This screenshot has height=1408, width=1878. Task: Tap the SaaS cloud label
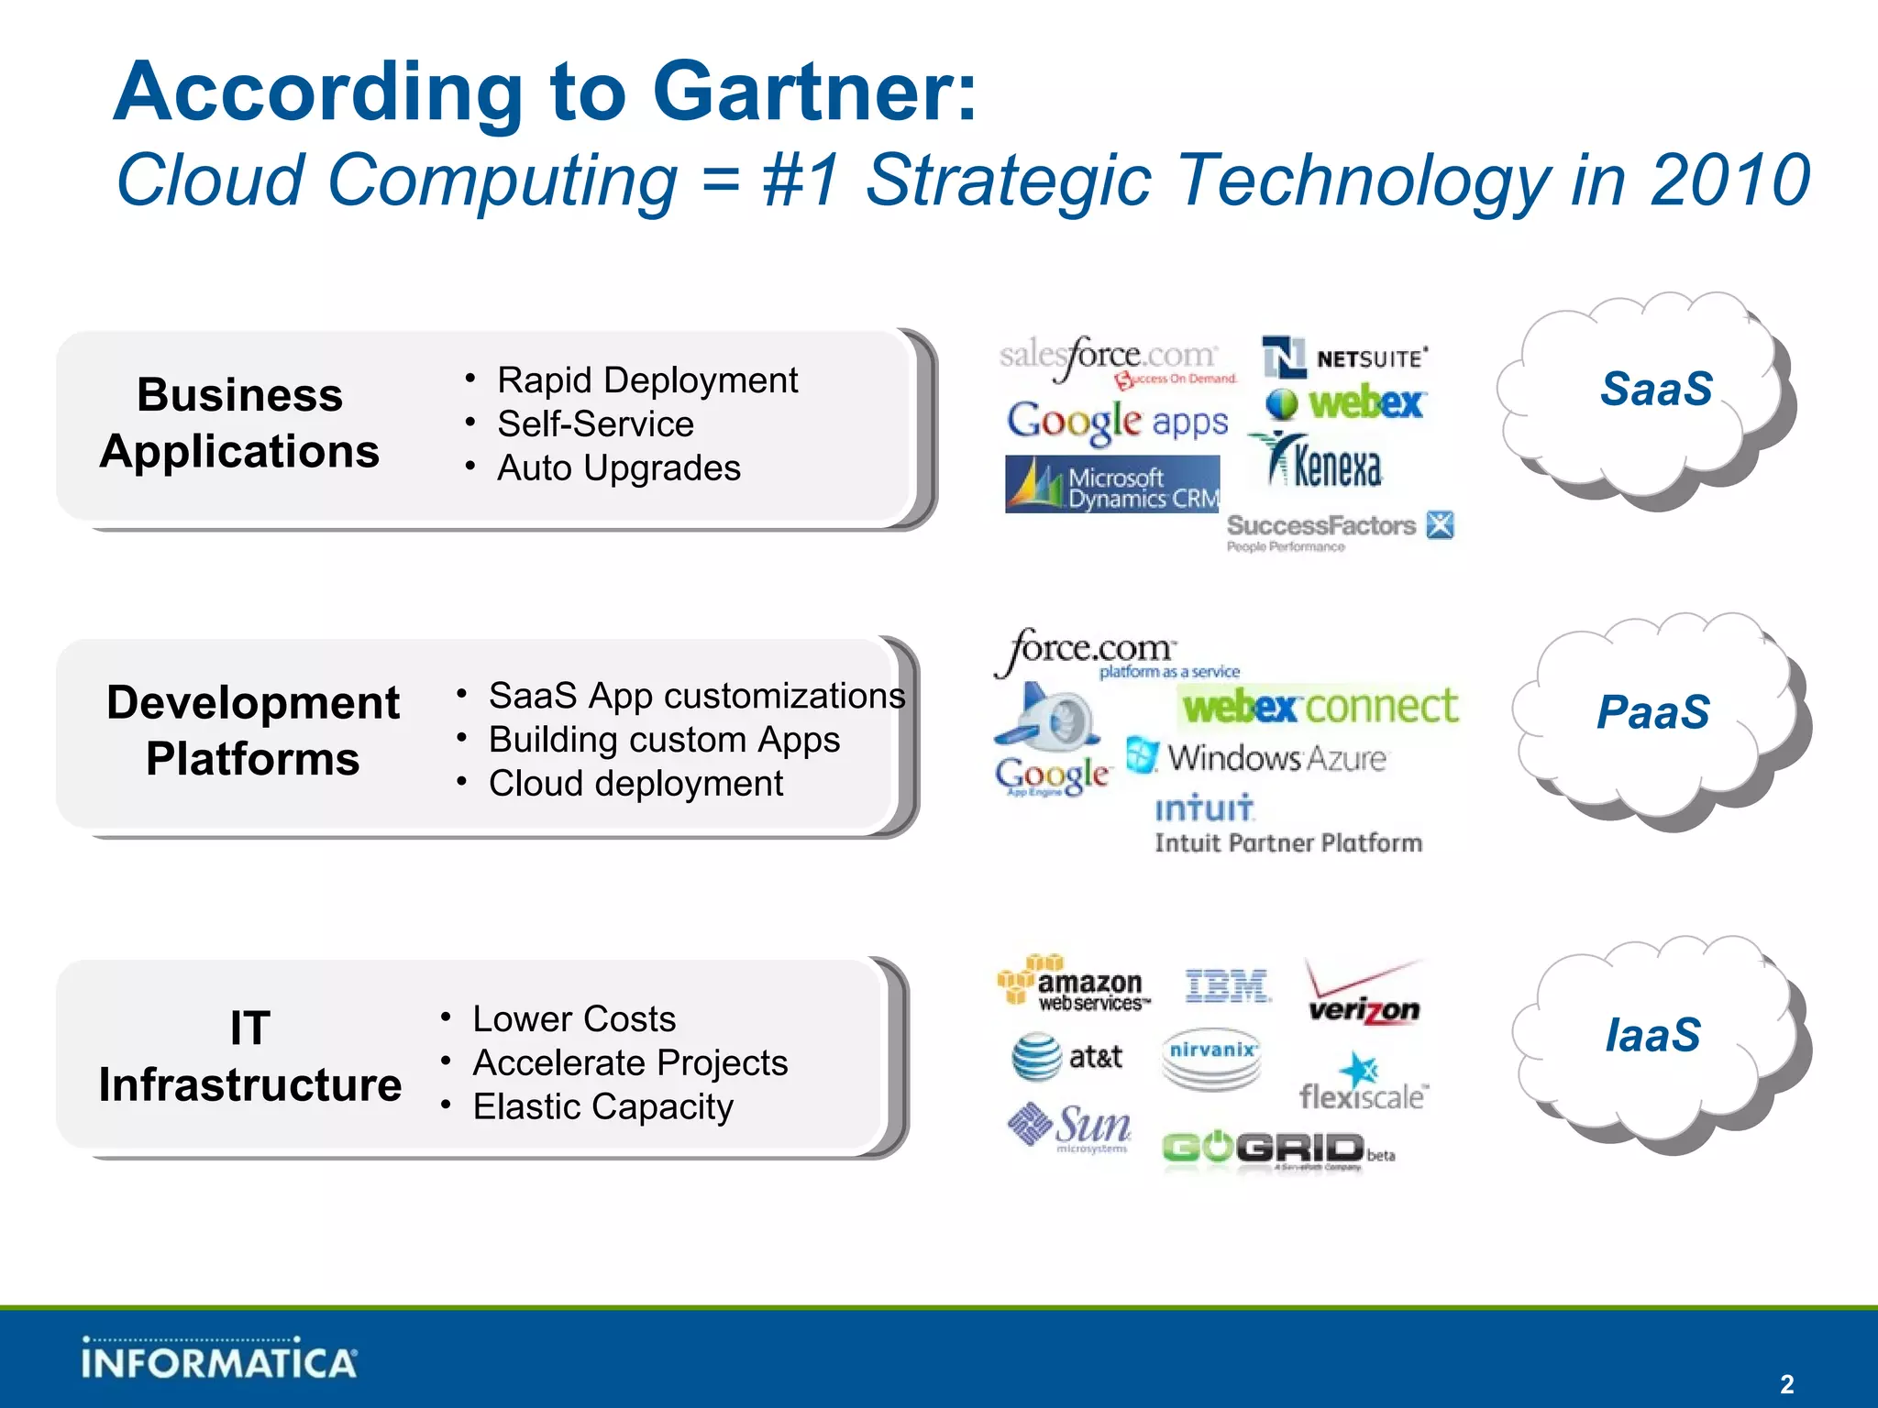coord(1656,389)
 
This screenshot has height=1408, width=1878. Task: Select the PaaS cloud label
coord(1652,712)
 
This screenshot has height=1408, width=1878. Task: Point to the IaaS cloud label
coord(1652,1035)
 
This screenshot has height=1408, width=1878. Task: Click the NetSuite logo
coord(1345,357)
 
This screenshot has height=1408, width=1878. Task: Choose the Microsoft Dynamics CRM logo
coord(1112,485)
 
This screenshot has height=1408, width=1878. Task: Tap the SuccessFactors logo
coord(1339,529)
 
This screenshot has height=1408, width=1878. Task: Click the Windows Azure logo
coord(1257,757)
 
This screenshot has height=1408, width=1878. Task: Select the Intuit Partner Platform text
coord(1288,842)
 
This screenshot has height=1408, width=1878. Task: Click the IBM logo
coord(1227,986)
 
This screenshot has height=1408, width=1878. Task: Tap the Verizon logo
coord(1364,995)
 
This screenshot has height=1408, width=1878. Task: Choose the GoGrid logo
coord(1275,1149)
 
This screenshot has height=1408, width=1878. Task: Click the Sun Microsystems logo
coord(1070,1127)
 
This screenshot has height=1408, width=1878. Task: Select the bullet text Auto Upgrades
coord(618,468)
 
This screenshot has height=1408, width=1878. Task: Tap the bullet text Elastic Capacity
coord(602,1107)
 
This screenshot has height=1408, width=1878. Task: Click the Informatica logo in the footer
coord(218,1358)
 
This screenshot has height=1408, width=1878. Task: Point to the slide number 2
coord(1786,1384)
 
